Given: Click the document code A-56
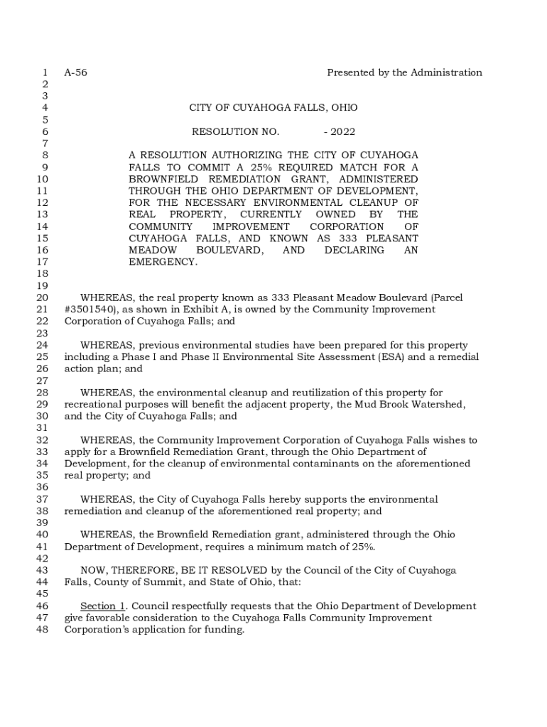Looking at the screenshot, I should pyautogui.click(x=75, y=72).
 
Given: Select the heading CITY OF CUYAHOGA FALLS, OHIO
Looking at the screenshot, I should pyautogui.click(x=273, y=108).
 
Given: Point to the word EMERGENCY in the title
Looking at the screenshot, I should pyautogui.click(x=163, y=262).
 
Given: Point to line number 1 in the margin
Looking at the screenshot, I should pyautogui.click(x=45, y=72).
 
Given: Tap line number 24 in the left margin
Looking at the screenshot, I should pyautogui.click(x=41, y=345).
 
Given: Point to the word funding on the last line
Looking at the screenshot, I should pyautogui.click(x=225, y=630).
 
